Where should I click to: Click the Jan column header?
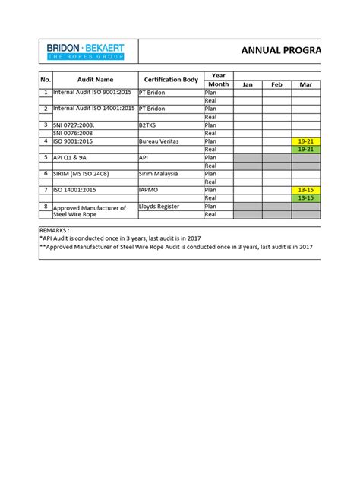[247, 84]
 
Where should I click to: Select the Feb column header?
[276, 84]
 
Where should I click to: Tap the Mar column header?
[306, 84]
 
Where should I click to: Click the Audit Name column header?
[94, 80]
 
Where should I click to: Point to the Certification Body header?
[170, 80]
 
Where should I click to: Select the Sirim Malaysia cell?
[160, 174]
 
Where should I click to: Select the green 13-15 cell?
[306, 198]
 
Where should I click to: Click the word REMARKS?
[54, 229]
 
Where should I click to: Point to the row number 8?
[46, 207]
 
